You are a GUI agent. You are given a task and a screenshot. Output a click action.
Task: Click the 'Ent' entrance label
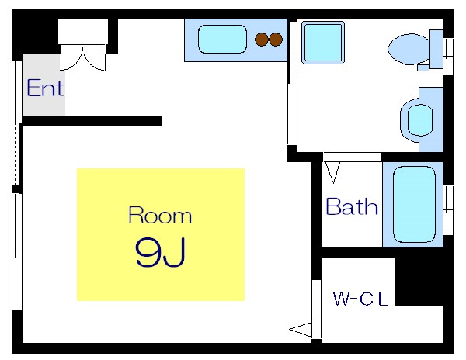45,88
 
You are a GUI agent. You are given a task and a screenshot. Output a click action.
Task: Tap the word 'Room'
159,215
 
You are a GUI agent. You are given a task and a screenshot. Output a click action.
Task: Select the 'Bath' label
352,207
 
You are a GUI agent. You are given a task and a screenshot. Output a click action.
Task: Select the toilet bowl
409,49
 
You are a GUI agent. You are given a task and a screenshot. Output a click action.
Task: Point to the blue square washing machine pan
322,42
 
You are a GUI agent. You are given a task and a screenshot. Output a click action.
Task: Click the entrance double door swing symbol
84,58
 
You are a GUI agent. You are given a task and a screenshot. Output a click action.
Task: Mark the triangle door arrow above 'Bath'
332,171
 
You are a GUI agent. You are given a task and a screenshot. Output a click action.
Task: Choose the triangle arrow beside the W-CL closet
301,330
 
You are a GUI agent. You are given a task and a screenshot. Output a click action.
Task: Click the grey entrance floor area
43,87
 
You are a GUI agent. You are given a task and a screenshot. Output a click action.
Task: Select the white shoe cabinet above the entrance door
83,33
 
